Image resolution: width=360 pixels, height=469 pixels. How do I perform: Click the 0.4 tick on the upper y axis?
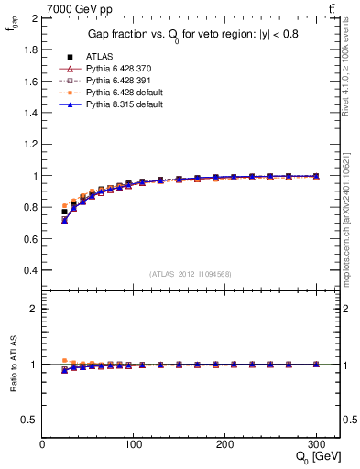[x=30, y=270]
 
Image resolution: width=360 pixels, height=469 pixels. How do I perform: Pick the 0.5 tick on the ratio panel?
[x=30, y=420]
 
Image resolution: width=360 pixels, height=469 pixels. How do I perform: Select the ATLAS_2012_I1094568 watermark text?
[x=191, y=274]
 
